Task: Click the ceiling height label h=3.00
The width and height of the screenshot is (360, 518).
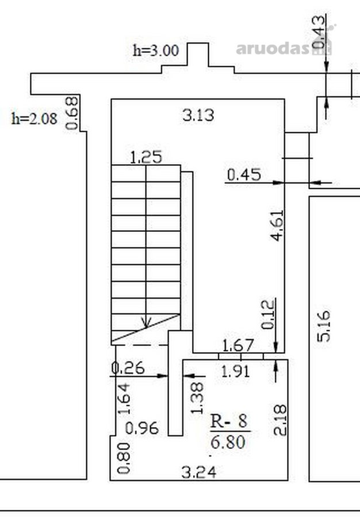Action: (x=156, y=51)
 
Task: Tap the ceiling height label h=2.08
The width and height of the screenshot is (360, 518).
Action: (x=35, y=119)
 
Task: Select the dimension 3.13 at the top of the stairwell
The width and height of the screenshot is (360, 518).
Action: (x=198, y=115)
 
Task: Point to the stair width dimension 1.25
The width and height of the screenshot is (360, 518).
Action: (x=146, y=157)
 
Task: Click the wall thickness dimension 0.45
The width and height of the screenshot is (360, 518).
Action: (x=244, y=174)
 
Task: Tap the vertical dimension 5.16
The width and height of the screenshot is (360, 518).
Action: (x=323, y=325)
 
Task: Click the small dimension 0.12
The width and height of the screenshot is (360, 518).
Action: (x=267, y=314)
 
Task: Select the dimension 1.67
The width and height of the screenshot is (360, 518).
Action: (x=238, y=345)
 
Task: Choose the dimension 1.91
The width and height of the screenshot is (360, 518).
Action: (x=236, y=372)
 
